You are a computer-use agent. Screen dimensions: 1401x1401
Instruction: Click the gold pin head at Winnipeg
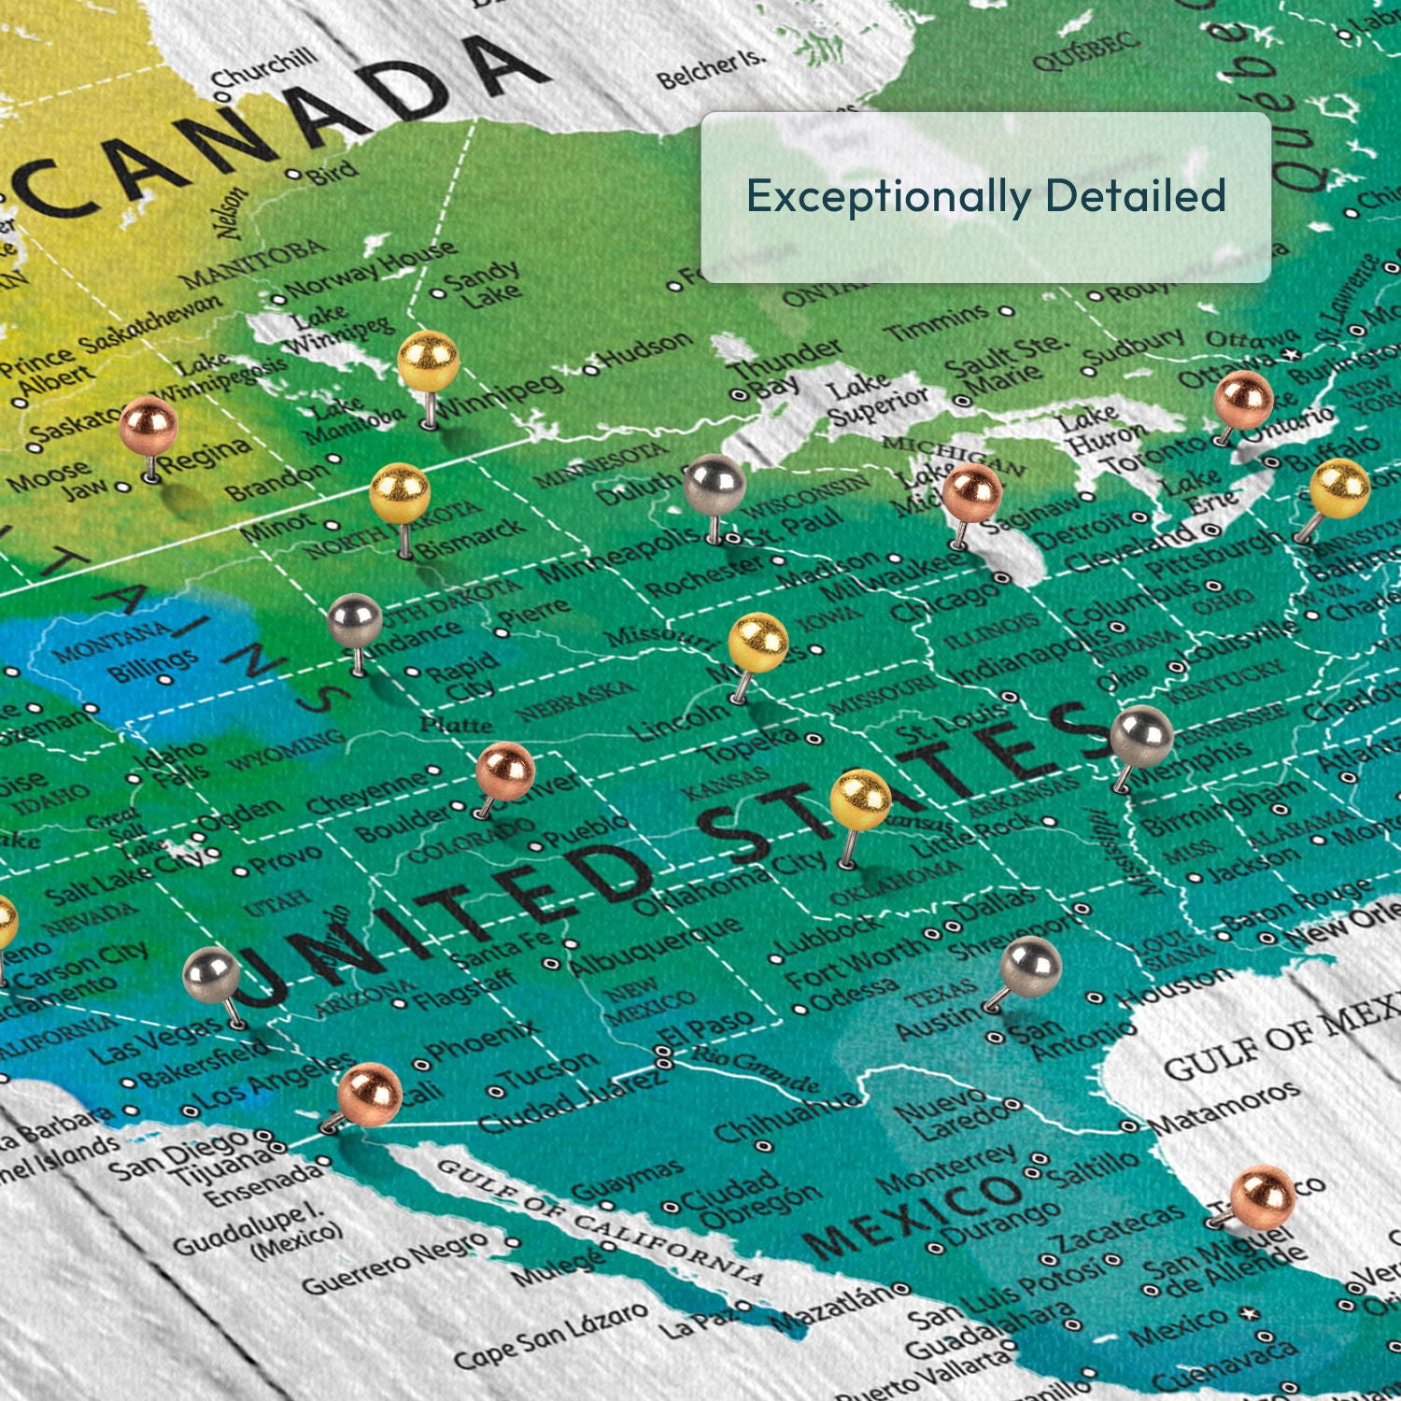pos(429,361)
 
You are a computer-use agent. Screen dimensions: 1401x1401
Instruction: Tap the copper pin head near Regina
pos(149,425)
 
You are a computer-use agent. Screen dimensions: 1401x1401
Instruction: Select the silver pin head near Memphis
pos(1142,737)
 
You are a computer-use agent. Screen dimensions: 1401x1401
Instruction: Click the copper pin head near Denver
pos(505,771)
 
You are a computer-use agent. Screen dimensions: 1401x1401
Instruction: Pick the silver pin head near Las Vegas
pos(212,973)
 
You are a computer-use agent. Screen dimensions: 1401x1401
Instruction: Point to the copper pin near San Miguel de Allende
pos(1263,1195)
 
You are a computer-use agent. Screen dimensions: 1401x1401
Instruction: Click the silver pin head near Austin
pos(1031,966)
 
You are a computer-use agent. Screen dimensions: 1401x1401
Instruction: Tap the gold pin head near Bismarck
pos(400,493)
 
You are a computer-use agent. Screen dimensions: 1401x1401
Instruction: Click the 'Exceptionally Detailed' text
pos(985,196)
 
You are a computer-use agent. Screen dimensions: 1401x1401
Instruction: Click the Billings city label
pos(153,664)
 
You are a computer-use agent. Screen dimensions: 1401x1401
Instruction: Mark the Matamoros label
pos(1224,1108)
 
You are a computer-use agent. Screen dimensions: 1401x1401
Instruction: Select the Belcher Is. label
pos(711,69)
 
